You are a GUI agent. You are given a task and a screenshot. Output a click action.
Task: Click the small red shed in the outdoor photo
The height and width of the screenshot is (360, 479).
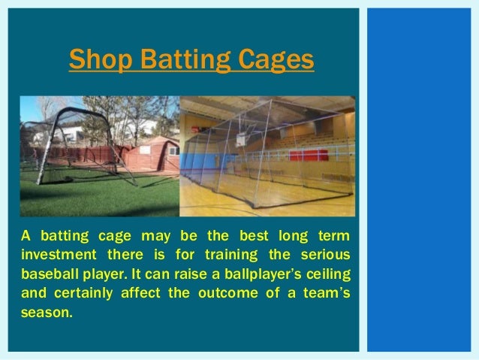pyautogui.click(x=151, y=155)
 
